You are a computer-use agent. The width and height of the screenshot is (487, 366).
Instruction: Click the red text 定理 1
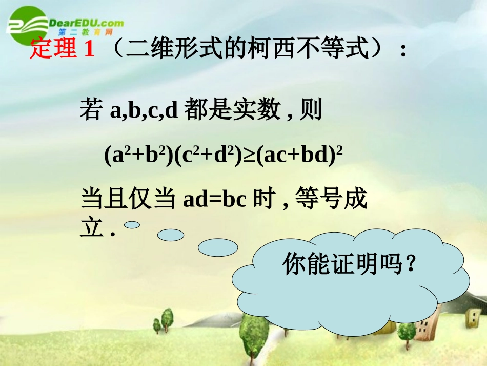tap(63, 50)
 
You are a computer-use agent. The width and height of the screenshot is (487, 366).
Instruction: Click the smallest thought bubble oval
tap(132, 225)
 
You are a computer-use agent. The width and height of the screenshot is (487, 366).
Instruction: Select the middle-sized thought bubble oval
tap(170, 235)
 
